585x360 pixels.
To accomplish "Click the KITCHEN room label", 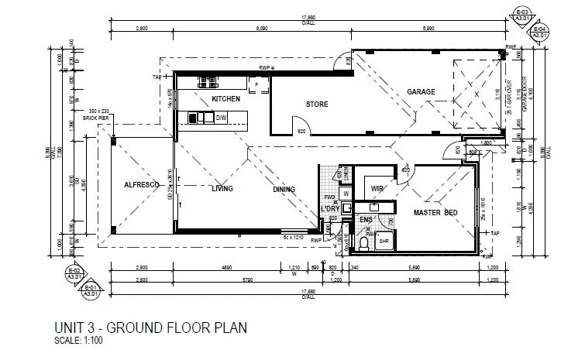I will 225,99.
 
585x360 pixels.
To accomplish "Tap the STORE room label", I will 317,104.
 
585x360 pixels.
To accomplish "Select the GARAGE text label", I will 422,92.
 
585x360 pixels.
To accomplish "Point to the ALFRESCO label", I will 142,186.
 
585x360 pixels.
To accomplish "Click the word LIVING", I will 223,188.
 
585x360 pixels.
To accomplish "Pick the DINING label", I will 284,189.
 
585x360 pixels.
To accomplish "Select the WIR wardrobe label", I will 378,188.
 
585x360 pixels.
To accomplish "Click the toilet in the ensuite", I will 363,244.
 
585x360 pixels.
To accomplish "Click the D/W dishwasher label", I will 220,118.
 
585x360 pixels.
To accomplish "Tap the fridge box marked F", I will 255,83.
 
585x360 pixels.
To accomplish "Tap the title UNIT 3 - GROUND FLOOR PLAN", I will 150,327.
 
